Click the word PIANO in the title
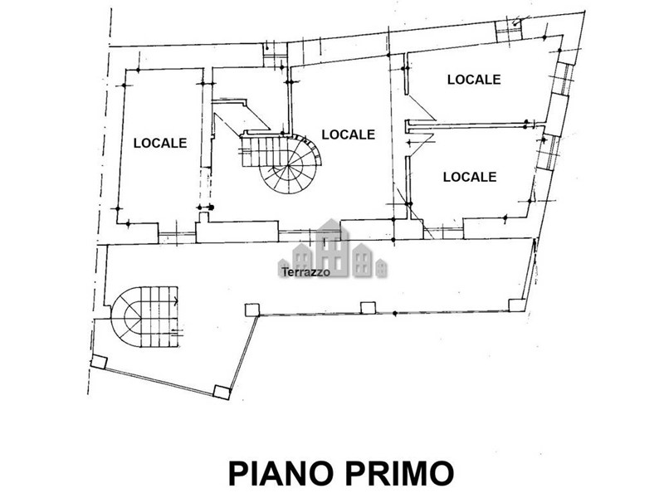coord(279,473)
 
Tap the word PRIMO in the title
coord(399,473)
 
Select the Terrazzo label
coord(305,272)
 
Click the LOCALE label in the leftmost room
coord(160,143)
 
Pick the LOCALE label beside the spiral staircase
coord(348,134)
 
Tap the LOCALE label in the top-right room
coord(474,80)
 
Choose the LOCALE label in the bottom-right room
coord(470,177)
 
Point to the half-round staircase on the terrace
coord(144,317)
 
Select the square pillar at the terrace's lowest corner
coord(222,392)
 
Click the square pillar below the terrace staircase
coord(99,363)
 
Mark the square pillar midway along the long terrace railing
coord(368,308)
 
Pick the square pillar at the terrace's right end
coord(517,305)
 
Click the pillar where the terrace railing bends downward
coord(252,310)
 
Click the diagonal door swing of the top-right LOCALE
coord(422,109)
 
